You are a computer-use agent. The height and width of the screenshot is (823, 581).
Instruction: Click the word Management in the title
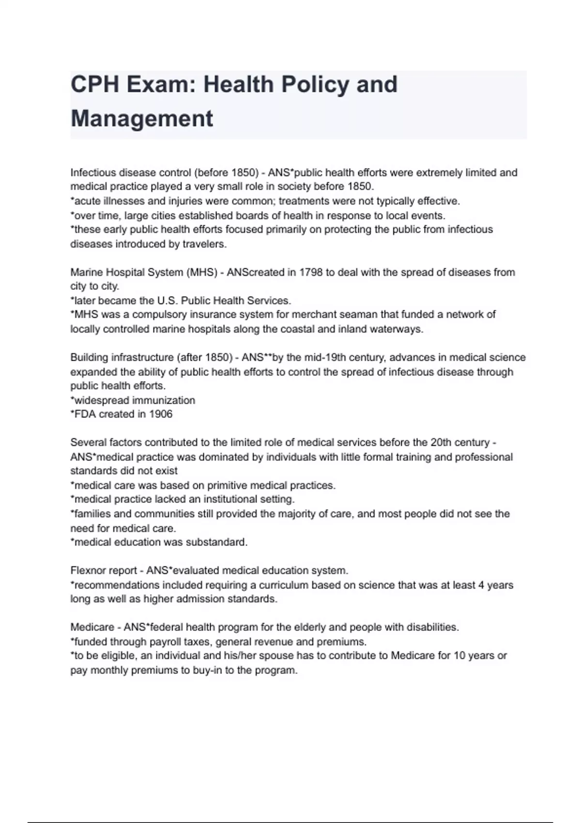tap(142, 119)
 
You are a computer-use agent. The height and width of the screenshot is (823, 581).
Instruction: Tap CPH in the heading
tap(95, 84)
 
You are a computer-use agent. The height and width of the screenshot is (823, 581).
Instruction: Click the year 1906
tap(161, 414)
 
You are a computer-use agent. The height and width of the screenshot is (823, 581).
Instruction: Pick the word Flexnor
tap(86, 570)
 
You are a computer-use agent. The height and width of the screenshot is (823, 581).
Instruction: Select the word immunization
tap(164, 400)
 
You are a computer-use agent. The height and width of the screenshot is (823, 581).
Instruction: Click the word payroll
tap(163, 642)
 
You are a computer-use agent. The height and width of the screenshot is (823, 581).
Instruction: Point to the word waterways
tap(396, 329)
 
